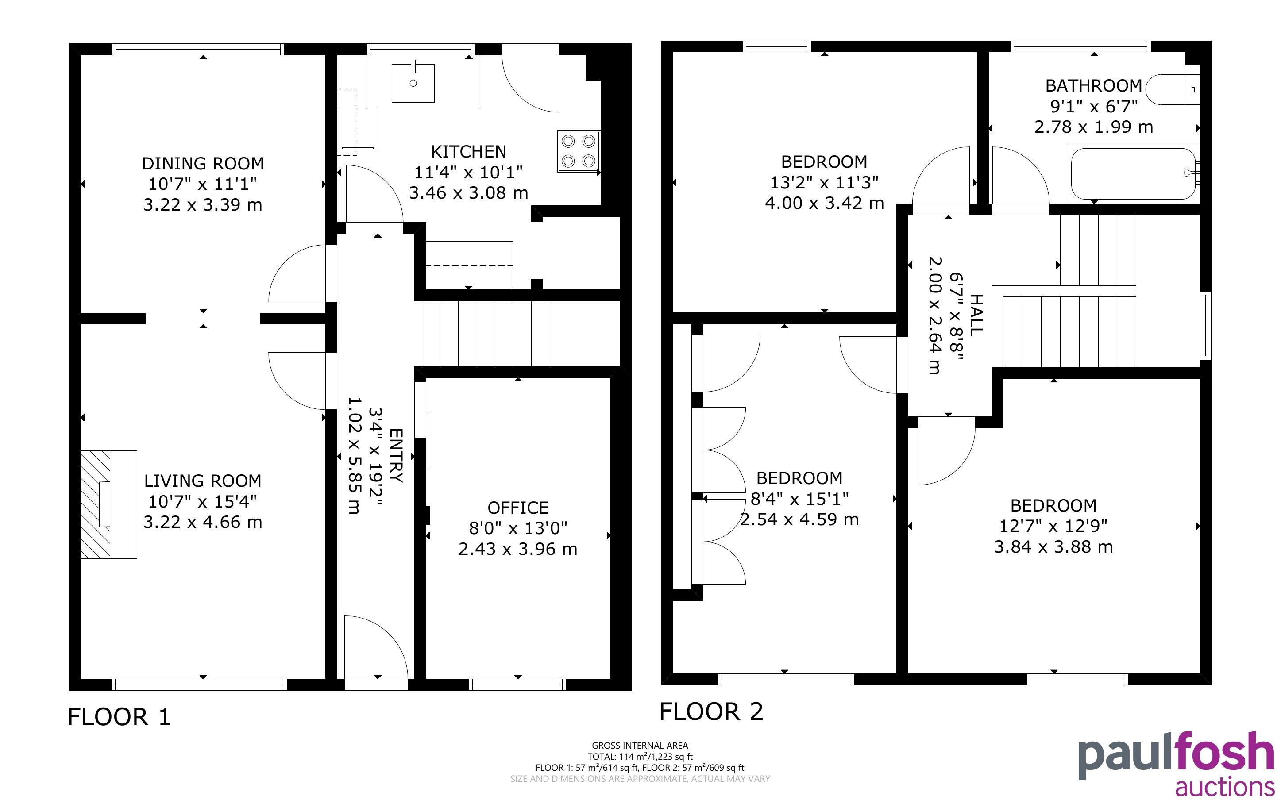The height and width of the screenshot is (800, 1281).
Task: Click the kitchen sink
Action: tap(413, 83)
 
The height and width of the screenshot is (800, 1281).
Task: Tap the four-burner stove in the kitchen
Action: tap(579, 151)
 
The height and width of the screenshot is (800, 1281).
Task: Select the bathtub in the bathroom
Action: tap(1133, 173)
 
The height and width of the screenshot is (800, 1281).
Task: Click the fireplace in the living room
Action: tap(108, 504)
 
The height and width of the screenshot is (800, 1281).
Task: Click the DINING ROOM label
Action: tap(203, 163)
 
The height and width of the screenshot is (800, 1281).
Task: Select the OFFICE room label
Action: tap(517, 508)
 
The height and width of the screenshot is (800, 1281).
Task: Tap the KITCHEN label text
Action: tap(468, 152)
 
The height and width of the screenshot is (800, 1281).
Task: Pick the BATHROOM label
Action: tap(1094, 86)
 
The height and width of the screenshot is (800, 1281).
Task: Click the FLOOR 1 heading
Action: tap(120, 717)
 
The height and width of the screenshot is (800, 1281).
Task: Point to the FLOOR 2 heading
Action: tap(711, 712)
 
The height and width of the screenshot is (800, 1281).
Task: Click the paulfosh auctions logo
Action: tap(1176, 763)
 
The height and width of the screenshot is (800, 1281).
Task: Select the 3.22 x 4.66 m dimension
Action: tap(203, 522)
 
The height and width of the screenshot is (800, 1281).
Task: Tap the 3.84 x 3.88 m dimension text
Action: tap(1053, 547)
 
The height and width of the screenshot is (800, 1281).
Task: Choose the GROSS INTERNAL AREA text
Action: tap(640, 746)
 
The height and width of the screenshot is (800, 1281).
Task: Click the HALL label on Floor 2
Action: tap(976, 315)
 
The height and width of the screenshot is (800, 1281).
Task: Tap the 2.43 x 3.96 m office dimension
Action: tap(517, 549)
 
